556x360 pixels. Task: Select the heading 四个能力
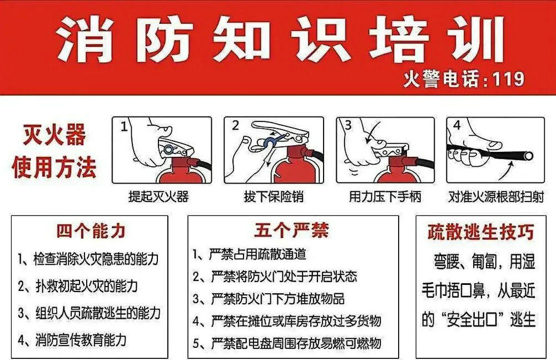pyautogui.click(x=91, y=231)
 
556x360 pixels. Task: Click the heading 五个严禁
pyautogui.click(x=291, y=230)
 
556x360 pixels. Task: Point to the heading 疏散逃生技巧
pyautogui.click(x=481, y=232)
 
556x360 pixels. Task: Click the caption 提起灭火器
pyautogui.click(x=158, y=196)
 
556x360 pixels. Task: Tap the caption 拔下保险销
pyautogui.click(x=274, y=196)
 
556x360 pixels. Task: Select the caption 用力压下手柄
pyautogui.click(x=385, y=196)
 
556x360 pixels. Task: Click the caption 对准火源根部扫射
pyautogui.click(x=496, y=196)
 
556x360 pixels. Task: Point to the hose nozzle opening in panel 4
pyautogui.click(x=529, y=155)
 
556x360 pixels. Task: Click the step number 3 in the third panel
pyautogui.click(x=348, y=125)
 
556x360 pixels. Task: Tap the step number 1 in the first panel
pyautogui.click(x=124, y=126)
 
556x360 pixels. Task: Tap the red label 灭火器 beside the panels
pyautogui.click(x=54, y=135)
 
